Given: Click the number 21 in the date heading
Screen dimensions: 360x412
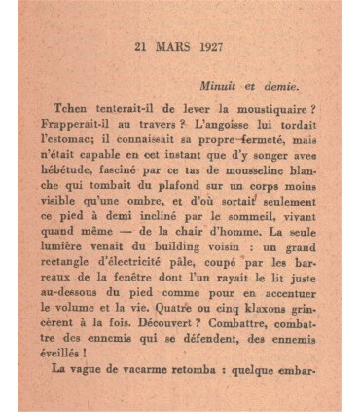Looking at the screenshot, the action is coord(141,46).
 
